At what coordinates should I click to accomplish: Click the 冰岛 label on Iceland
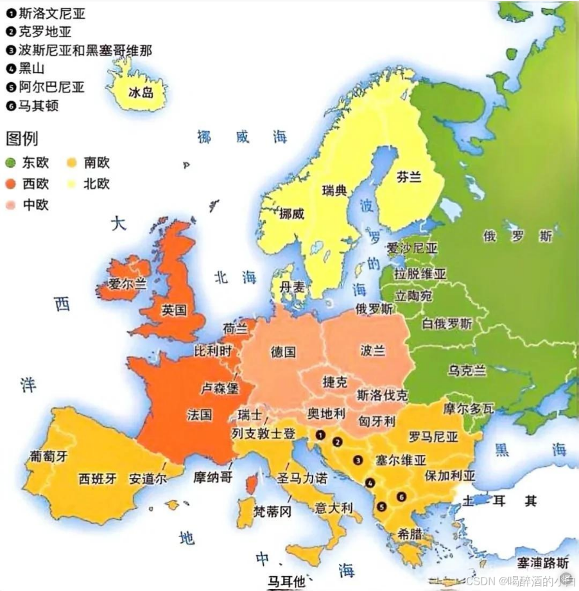pos(141,93)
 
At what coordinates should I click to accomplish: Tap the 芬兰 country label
pos(409,177)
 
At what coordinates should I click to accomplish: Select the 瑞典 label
pos(334,190)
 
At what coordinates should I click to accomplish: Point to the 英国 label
pos(174,310)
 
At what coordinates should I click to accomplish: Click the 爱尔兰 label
pos(127,284)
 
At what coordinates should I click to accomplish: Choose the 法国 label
pos(199,414)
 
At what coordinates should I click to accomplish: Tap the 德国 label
pos(283,351)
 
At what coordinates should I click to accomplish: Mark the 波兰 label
pos(373,350)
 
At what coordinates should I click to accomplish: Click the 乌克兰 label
pos(467,371)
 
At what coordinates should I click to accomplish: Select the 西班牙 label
pos(98,479)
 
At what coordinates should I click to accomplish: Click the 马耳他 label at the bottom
pos(286,582)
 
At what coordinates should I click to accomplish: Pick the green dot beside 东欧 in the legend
pos(11,163)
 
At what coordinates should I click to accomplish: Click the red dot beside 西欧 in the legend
pos(11,184)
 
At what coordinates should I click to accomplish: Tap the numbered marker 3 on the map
pos(358,460)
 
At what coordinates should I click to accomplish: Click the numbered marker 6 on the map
pos(401,496)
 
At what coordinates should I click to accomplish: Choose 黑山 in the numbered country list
pos(31,68)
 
